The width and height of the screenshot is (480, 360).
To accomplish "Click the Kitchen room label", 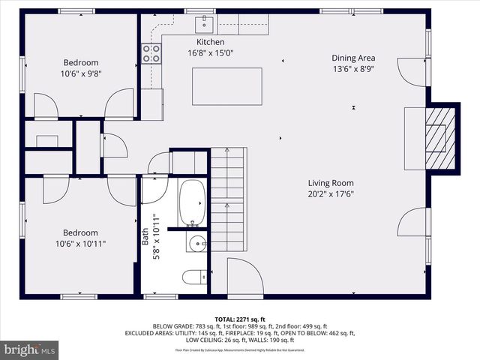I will coord(210,42).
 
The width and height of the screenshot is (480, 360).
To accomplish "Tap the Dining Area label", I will coord(353,58).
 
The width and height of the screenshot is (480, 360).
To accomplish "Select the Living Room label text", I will coord(330,183).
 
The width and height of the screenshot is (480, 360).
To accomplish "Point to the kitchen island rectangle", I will coord(227,85).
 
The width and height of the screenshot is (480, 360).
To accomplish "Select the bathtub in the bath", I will coord(192,202).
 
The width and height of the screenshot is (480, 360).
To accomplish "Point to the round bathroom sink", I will coord(198,242).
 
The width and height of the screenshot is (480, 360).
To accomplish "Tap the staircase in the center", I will coord(227,199).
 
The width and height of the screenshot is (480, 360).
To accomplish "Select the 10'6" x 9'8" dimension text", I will coord(80,74).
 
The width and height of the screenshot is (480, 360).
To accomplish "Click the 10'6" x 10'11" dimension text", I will coord(80,244).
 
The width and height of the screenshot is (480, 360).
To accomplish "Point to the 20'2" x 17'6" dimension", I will coord(330,194).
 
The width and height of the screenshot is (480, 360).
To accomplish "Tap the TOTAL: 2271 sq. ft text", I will coord(241,318).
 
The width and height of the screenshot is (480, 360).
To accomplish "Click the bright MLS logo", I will coord(30,349).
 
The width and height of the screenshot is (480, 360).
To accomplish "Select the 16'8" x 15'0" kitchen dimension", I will coord(210,53).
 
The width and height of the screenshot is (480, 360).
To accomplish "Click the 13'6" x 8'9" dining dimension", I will coord(353,69).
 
